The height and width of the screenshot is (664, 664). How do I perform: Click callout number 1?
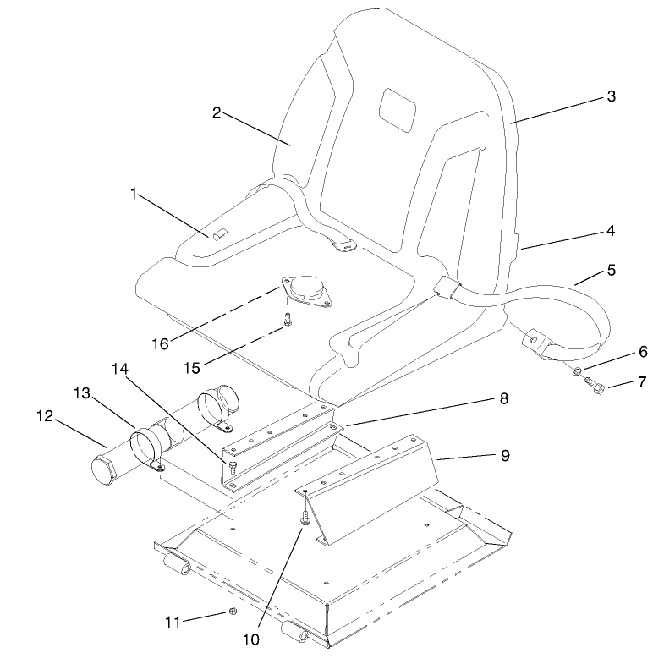pos(134,194)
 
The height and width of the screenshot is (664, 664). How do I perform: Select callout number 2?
pos(217,113)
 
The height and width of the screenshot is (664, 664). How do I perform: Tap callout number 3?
pos(611,96)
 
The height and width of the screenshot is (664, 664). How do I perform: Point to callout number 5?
pos(611,272)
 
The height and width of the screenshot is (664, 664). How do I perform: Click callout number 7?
pos(641,382)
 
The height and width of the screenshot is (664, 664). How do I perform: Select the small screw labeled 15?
pos(287,321)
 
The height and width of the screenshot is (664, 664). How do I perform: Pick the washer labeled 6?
pos(575,371)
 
